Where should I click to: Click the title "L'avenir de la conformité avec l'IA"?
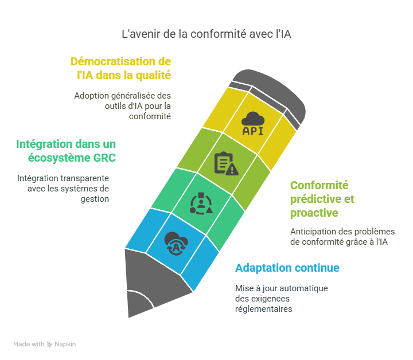click(x=206, y=34)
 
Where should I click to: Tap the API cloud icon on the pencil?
click(x=253, y=124)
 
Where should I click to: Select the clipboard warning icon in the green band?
click(x=225, y=163)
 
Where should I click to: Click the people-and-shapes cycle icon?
click(x=201, y=203)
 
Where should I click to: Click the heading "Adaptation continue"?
click(x=287, y=268)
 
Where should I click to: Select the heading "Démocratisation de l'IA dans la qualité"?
click(x=120, y=68)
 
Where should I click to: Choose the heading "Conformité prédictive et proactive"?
click(x=322, y=199)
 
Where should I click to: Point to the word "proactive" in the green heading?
click(x=314, y=213)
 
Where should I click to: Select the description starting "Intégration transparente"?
click(x=63, y=189)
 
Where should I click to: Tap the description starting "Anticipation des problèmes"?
click(x=342, y=236)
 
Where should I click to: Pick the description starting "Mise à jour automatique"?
click(x=281, y=298)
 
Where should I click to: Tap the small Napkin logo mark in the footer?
click(x=50, y=345)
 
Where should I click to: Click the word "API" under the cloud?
click(x=253, y=130)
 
